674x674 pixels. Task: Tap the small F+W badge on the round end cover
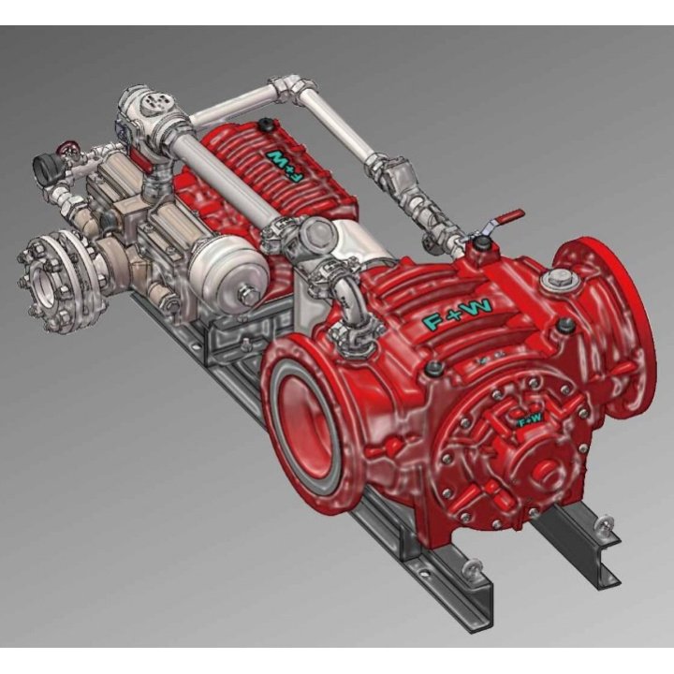(530, 419)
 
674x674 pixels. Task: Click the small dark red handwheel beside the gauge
(66, 147)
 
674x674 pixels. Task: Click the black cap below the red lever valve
(481, 245)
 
